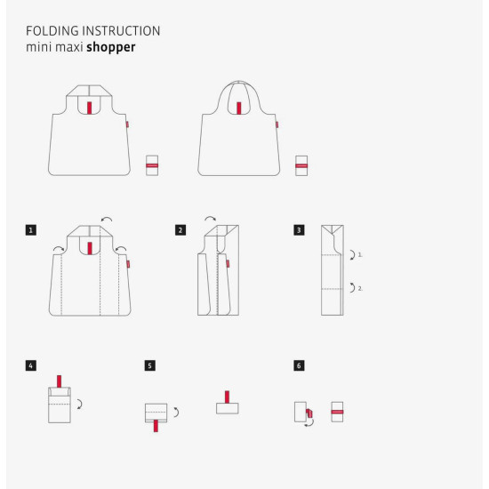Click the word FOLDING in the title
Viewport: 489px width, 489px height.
[52, 31]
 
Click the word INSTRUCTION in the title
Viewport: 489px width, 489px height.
[121, 31]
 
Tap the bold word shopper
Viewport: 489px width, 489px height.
[111, 47]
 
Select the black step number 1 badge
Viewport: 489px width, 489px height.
[31, 230]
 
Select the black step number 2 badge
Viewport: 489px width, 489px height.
[180, 230]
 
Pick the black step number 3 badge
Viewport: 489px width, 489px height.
[299, 230]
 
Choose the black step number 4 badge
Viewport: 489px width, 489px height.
[31, 365]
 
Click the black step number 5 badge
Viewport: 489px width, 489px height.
[150, 365]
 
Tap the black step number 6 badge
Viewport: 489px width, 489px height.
[299, 365]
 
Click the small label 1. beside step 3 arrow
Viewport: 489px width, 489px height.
[360, 255]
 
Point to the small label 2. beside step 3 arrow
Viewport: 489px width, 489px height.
[360, 289]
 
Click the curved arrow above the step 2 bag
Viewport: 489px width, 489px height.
[211, 218]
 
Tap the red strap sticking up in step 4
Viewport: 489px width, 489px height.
[59, 381]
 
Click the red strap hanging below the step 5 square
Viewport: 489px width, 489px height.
[156, 426]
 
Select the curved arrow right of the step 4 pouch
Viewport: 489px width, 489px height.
[80, 405]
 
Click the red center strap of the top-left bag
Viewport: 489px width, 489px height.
[90, 108]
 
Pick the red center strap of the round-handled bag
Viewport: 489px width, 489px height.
[239, 108]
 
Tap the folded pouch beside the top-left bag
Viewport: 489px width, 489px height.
[152, 165]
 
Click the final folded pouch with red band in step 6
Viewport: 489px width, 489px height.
[337, 412]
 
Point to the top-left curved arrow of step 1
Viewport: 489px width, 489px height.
[59, 248]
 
